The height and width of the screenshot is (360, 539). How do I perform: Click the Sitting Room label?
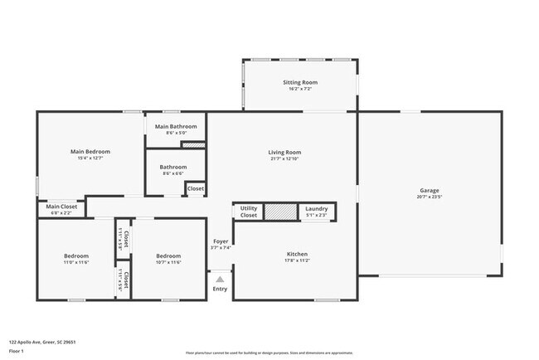click(301, 82)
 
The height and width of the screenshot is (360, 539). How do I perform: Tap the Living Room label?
click(284, 153)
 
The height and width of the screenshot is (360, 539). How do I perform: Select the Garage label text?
click(429, 190)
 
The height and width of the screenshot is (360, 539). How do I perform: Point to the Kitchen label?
click(297, 254)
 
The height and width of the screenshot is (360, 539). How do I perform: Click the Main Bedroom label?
click(90, 152)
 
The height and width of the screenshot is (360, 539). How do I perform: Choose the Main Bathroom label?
click(176, 126)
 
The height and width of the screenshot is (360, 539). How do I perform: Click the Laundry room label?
click(317, 209)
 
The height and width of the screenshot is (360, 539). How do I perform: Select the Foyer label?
click(220, 241)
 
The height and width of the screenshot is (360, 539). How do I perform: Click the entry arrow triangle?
click(220, 280)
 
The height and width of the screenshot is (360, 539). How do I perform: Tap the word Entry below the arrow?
click(220, 289)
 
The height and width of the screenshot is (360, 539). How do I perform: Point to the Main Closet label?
click(61, 207)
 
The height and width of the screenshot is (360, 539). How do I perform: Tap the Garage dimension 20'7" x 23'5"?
click(429, 197)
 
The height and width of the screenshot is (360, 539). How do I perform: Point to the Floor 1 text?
click(17, 350)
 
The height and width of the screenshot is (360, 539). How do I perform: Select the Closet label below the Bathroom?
click(195, 189)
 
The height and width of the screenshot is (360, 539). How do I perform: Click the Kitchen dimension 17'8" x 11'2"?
click(297, 261)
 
